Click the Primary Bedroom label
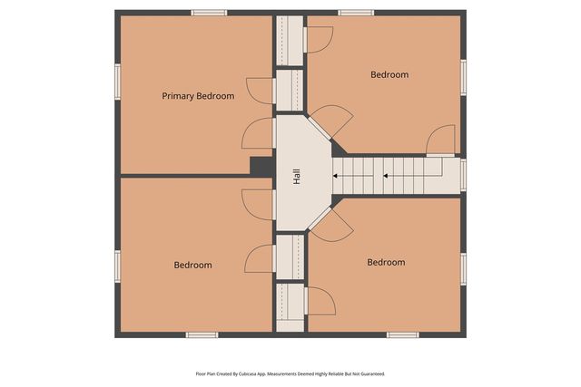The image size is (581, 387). click(x=198, y=96)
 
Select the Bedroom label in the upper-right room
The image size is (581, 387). click(x=389, y=74)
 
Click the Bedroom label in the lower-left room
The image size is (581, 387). click(x=192, y=265)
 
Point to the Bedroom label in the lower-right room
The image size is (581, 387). click(x=386, y=262)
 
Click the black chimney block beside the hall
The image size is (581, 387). click(x=261, y=167)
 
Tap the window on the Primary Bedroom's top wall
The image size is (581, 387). click(x=209, y=13)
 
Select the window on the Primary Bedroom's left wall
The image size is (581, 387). click(x=117, y=80)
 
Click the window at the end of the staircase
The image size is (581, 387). click(x=463, y=173)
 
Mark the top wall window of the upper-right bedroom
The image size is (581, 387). click(x=356, y=13)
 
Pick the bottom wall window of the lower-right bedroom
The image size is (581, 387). click(x=402, y=334)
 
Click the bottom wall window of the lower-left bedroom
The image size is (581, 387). click(x=202, y=334)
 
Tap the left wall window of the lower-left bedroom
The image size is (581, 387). click(x=117, y=265)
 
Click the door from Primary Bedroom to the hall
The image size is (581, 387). click(x=259, y=135)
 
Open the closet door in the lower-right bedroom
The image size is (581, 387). click(x=320, y=302)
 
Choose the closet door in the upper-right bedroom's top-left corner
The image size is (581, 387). click(x=319, y=39)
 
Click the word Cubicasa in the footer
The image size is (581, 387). click(x=269, y=373)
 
